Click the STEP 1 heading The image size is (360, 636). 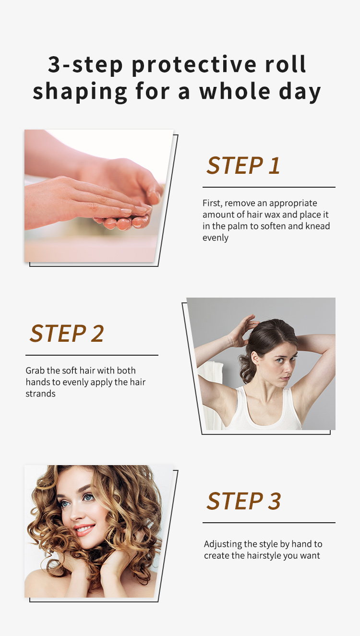click(x=243, y=166)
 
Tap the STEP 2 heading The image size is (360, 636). click(x=67, y=333)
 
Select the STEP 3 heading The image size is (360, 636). click(x=243, y=501)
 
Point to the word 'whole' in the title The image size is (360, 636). click(x=235, y=91)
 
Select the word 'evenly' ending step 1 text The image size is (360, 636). click(x=216, y=238)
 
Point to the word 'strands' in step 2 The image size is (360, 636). click(x=41, y=394)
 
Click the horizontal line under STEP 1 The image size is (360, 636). click(x=269, y=187)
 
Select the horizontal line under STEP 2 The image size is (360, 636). click(x=92, y=355)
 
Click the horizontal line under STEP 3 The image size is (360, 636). click(x=269, y=522)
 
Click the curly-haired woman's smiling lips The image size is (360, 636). click(x=84, y=530)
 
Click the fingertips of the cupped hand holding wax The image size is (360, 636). click(x=125, y=222)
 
